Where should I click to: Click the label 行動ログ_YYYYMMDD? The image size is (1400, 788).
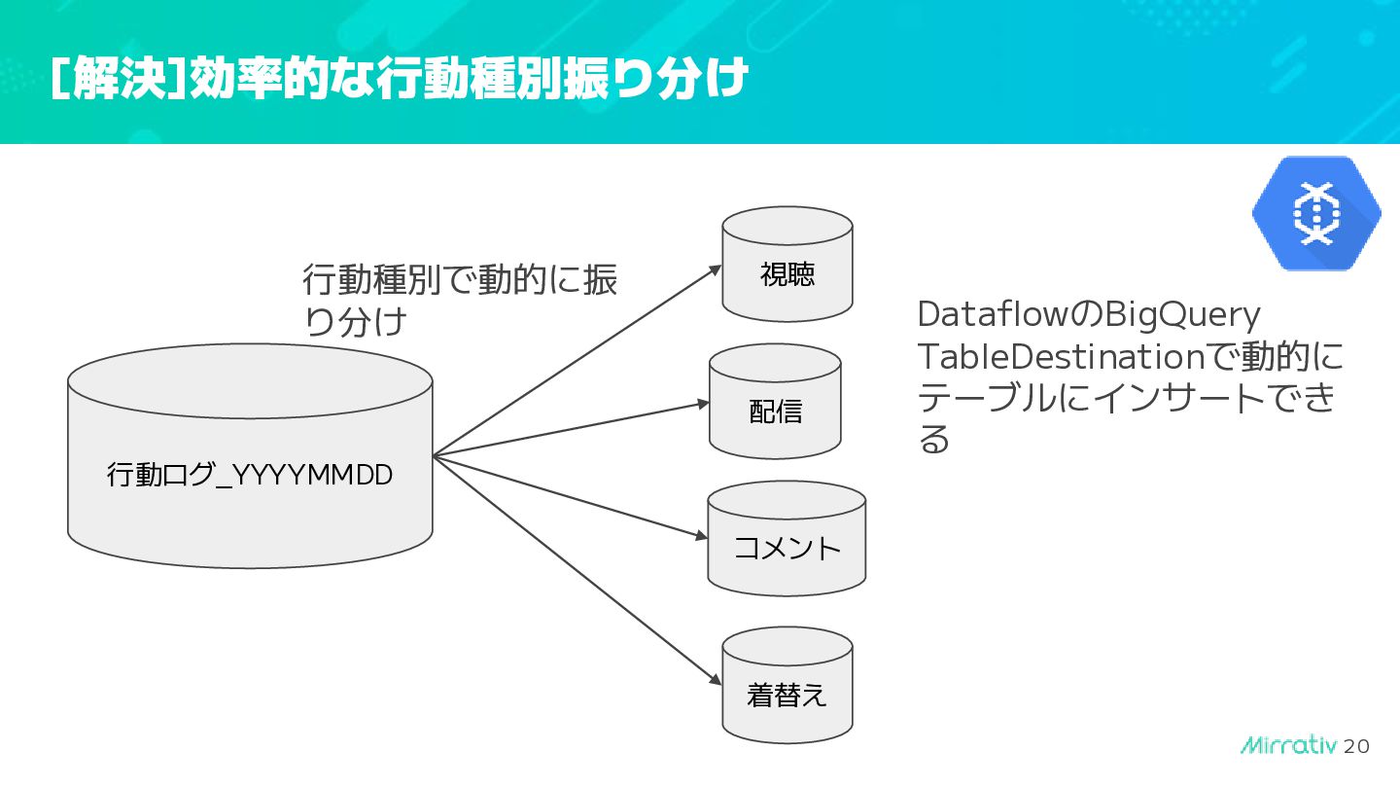(x=250, y=476)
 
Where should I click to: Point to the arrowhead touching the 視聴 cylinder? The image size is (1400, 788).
(x=715, y=268)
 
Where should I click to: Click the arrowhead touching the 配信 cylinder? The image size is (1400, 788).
(x=702, y=403)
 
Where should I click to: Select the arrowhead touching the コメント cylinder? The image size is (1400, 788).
(x=701, y=535)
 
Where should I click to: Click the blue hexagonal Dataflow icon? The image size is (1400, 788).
(x=1316, y=213)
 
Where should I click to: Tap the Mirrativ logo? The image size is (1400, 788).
(x=1288, y=745)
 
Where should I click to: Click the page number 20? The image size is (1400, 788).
(x=1356, y=746)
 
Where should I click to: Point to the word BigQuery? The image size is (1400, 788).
(x=1182, y=315)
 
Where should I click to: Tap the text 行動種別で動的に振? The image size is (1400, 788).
(x=460, y=280)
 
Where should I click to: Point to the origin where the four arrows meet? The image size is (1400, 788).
(x=434, y=455)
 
